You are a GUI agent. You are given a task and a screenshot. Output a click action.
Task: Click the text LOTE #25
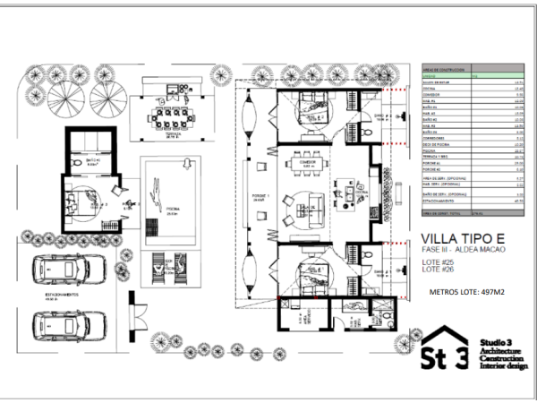[x=438, y=262]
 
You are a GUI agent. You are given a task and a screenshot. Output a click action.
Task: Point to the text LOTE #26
[x=438, y=270]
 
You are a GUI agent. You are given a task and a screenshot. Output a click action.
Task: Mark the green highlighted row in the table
[x=470, y=76]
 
